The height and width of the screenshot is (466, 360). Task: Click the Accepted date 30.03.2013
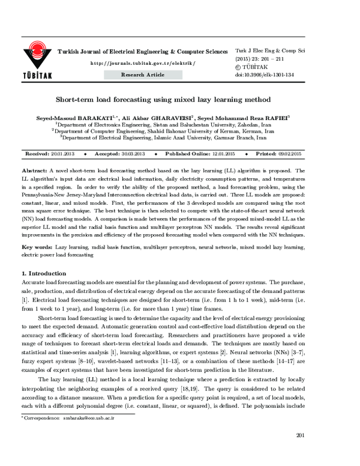click(133, 154)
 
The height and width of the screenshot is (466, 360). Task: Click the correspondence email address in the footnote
click(87, 434)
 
